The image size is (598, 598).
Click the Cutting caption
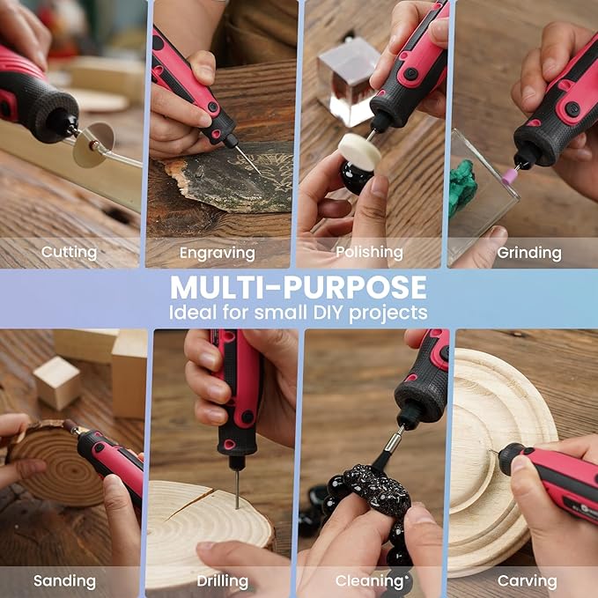(69, 252)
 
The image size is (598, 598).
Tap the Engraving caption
(217, 253)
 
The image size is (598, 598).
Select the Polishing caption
(370, 253)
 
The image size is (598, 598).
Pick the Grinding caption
(528, 253)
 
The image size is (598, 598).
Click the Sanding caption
(64, 580)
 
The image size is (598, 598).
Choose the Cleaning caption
(369, 580)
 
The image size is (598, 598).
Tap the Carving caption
(527, 580)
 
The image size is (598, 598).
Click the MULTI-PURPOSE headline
(299, 287)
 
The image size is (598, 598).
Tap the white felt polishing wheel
(359, 152)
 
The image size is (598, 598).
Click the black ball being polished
(356, 177)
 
